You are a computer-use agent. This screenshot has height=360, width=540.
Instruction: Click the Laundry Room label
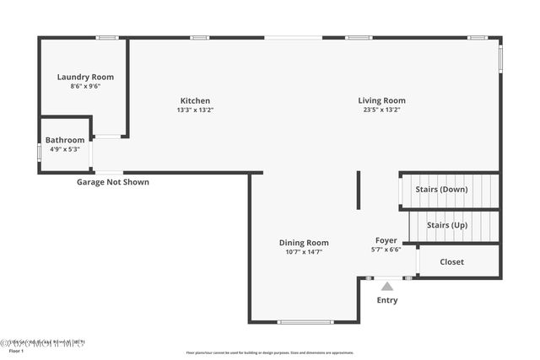(x=85, y=77)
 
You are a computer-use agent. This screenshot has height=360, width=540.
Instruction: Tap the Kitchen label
(x=195, y=100)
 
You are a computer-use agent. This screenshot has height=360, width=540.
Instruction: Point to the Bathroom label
(x=65, y=140)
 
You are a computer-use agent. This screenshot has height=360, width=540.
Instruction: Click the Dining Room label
(x=304, y=243)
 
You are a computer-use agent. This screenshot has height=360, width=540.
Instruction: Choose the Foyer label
(x=386, y=240)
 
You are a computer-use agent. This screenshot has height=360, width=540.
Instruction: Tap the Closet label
(x=452, y=262)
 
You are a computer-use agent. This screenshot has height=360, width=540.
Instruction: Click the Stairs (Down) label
(x=441, y=190)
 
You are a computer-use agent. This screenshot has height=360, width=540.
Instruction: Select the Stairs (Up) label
(x=447, y=225)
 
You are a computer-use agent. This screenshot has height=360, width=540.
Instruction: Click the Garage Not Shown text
(x=113, y=182)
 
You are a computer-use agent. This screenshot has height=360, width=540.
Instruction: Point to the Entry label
(x=387, y=300)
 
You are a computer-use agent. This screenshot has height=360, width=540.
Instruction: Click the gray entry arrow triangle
(x=387, y=287)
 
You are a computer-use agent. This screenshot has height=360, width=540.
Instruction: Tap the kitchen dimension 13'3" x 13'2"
(x=195, y=110)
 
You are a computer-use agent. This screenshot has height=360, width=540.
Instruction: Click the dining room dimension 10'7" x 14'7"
(x=304, y=251)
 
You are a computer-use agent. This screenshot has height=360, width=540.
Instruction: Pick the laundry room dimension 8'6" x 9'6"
(x=85, y=86)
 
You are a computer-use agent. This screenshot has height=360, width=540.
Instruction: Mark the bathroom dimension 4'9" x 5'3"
(x=65, y=149)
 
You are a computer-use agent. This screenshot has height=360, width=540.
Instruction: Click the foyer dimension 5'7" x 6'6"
(x=386, y=250)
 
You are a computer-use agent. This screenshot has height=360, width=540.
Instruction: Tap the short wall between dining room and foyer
(x=359, y=190)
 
